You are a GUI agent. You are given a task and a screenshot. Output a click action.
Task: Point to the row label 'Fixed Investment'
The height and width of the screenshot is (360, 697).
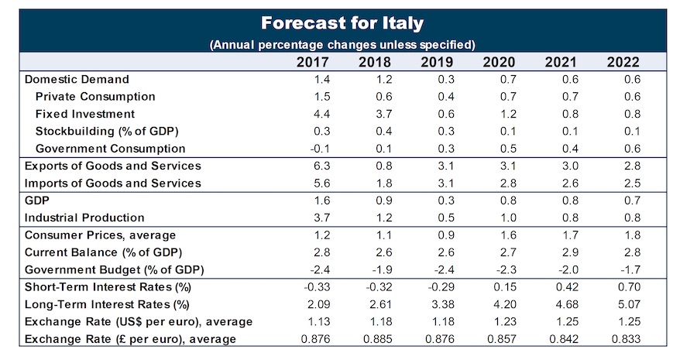(86, 114)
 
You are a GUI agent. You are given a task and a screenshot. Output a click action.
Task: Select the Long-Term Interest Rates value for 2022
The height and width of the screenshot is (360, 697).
(623, 304)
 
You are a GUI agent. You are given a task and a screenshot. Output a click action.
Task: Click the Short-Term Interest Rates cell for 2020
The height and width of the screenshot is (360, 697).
(500, 287)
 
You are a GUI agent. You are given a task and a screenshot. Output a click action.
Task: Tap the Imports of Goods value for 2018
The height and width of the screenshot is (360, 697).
(372, 183)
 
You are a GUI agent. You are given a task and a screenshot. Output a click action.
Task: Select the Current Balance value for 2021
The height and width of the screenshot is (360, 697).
(561, 252)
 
